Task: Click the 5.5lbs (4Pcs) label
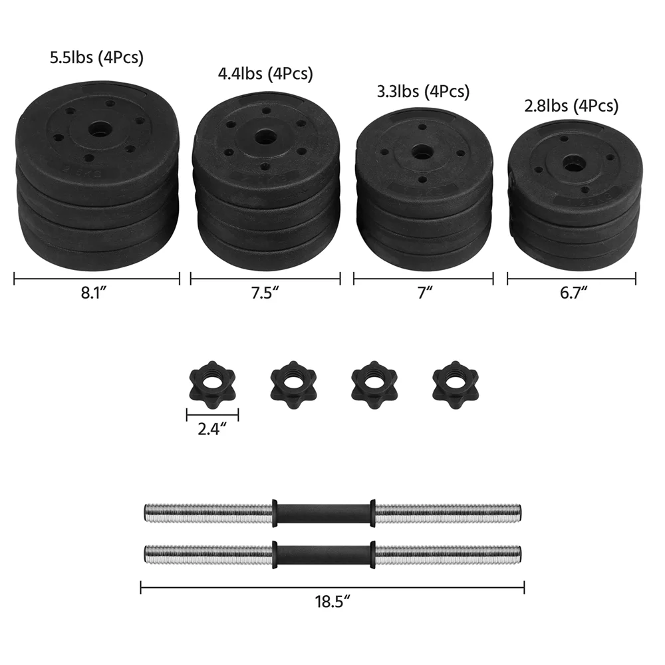[96, 58]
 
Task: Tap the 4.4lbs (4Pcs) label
[265, 73]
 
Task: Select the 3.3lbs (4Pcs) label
[423, 91]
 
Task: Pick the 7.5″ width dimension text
[265, 293]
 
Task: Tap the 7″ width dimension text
[424, 293]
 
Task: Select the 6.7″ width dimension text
[571, 293]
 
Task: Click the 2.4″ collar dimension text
[212, 429]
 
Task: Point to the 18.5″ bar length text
[332, 602]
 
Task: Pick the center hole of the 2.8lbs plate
[571, 162]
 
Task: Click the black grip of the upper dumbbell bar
[323, 513]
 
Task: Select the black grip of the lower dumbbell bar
[323, 552]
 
